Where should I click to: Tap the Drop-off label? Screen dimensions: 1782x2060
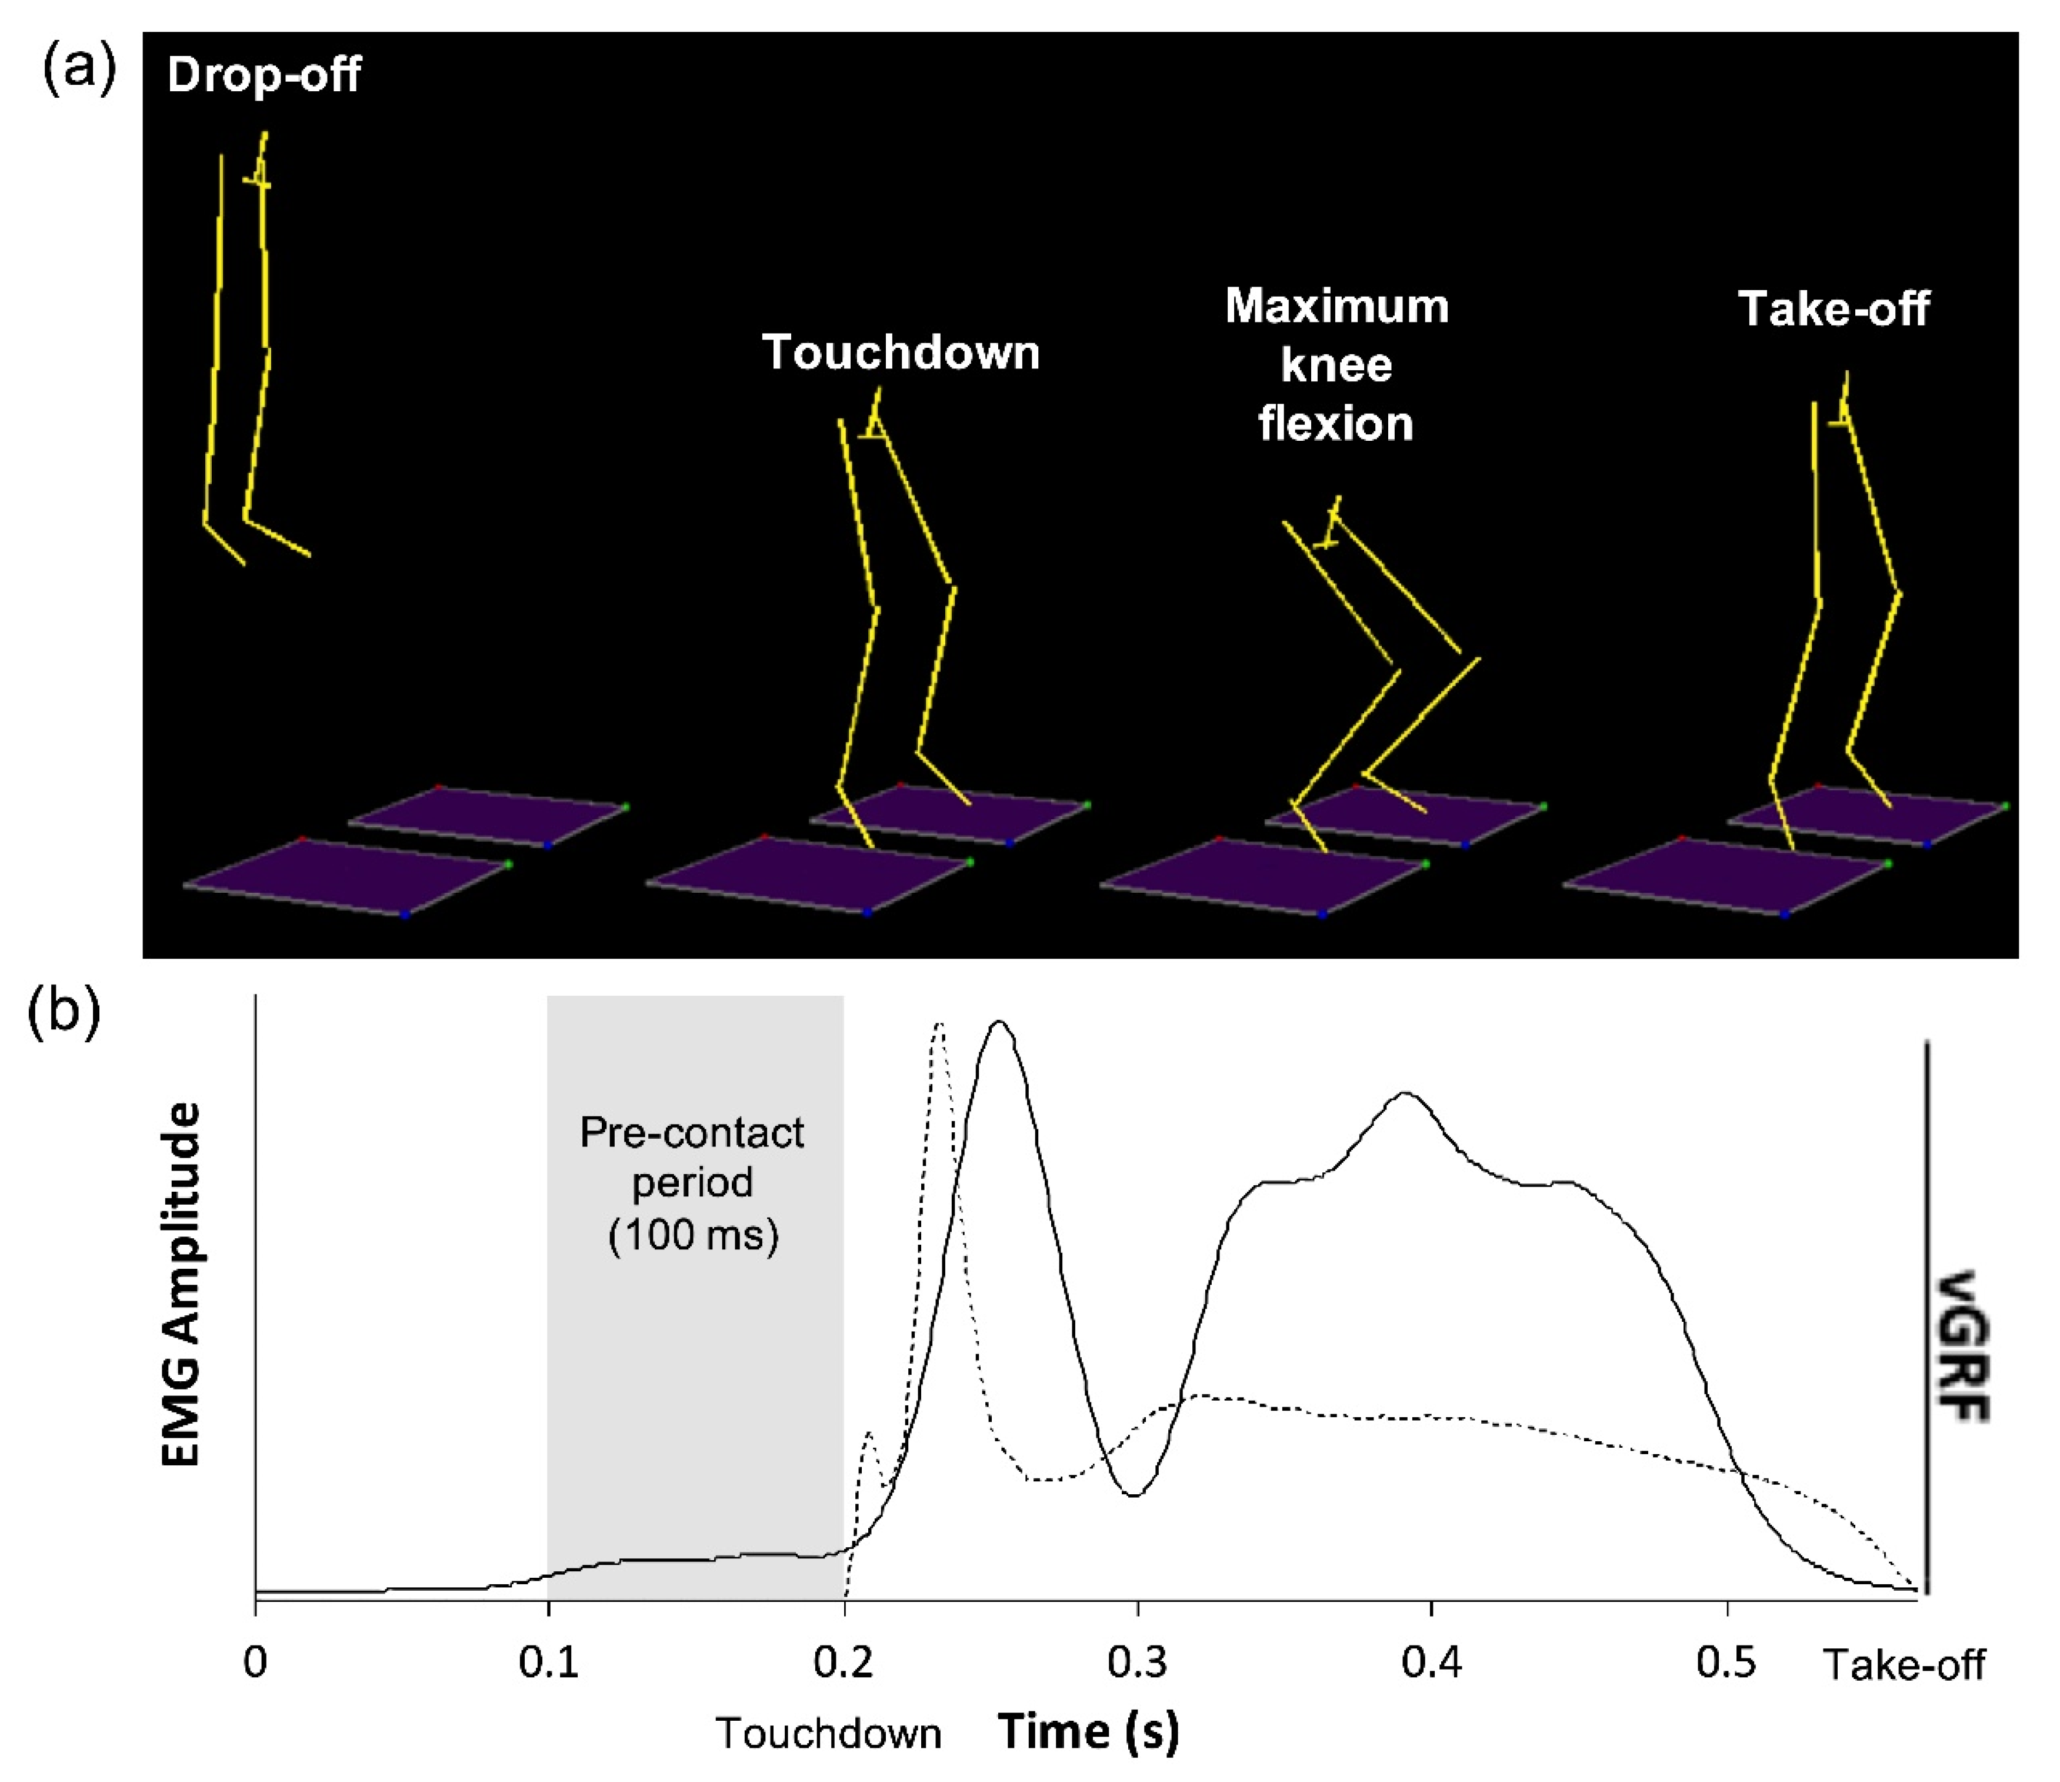(264, 75)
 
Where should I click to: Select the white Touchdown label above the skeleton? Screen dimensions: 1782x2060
(901, 353)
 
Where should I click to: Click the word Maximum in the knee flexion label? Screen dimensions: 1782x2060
(1336, 306)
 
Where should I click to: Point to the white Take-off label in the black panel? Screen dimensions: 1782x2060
(1834, 310)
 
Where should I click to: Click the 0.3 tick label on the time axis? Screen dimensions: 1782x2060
(1136, 1662)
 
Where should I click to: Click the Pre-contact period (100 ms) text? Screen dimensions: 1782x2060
(693, 1183)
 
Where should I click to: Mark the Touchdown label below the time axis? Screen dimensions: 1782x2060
(828, 1733)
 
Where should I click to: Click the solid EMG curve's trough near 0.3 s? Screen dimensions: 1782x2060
(1134, 1495)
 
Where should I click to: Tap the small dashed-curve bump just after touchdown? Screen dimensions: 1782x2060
(869, 1435)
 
